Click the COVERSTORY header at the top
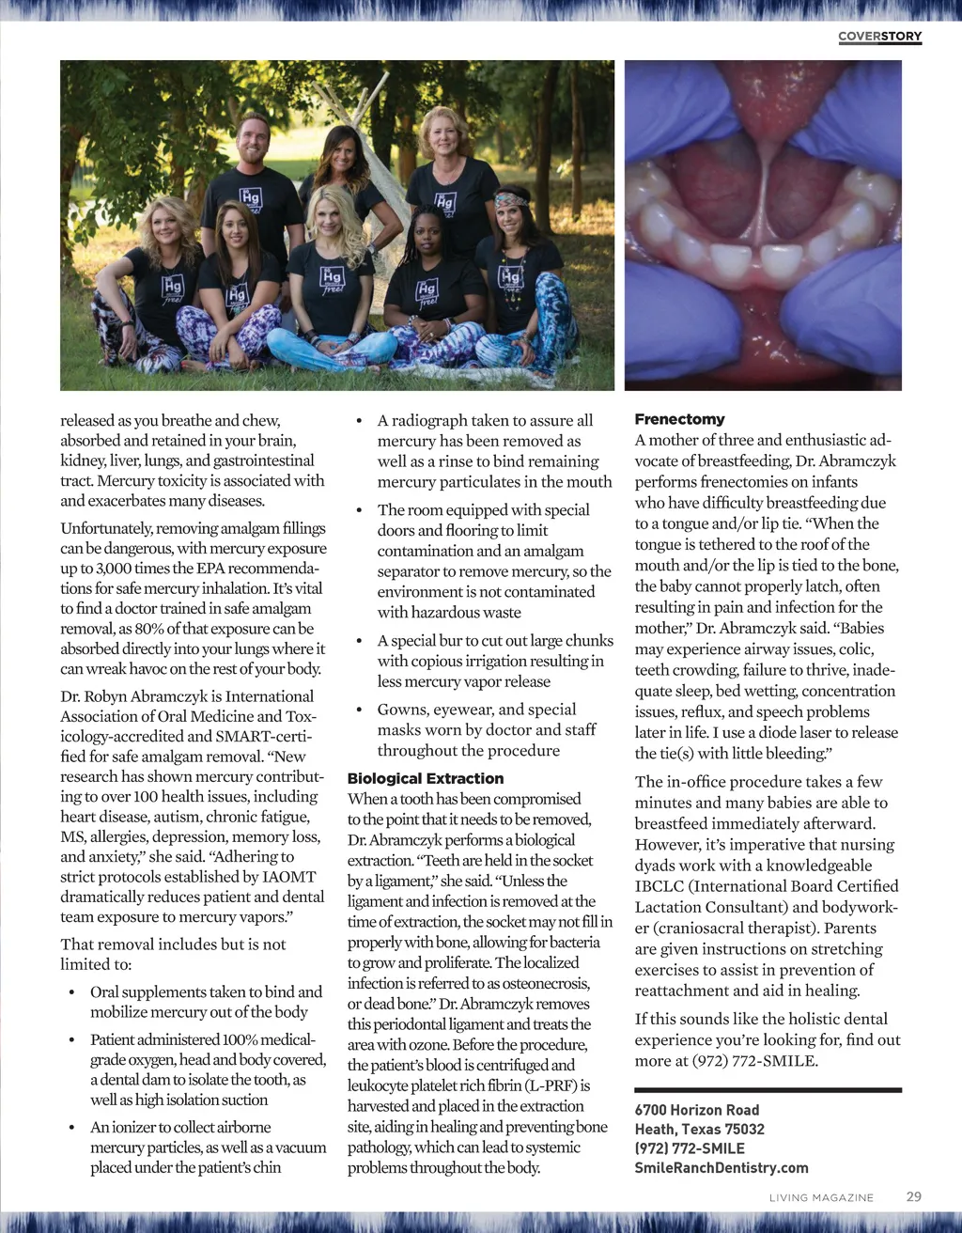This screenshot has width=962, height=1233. [x=879, y=37]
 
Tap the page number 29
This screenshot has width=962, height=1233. [x=913, y=1196]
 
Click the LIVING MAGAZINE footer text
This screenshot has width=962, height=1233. [x=821, y=1197]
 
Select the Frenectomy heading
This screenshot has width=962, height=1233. [x=679, y=419]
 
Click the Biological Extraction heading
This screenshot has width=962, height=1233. [x=425, y=778]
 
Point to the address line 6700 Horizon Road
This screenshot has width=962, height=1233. [x=696, y=1110]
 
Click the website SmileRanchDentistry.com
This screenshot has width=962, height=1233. [x=721, y=1167]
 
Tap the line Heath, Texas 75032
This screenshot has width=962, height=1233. [x=699, y=1129]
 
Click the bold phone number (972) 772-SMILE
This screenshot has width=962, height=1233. [x=689, y=1148]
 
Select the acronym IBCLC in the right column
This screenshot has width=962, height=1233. [x=664, y=886]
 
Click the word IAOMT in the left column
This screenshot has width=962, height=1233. [x=289, y=877]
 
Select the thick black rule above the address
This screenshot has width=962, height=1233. [x=768, y=1090]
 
